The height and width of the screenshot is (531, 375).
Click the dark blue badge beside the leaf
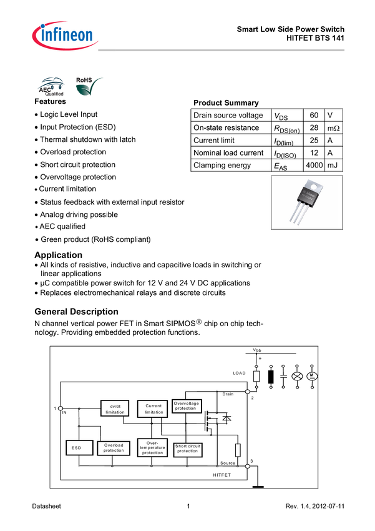click(51, 87)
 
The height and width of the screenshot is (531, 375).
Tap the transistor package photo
click(306, 202)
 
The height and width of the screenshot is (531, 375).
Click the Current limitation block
click(153, 409)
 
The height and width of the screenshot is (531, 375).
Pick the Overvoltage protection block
click(187, 406)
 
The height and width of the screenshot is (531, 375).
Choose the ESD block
click(77, 448)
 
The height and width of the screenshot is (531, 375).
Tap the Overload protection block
click(114, 448)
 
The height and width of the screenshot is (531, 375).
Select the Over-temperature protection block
click(152, 448)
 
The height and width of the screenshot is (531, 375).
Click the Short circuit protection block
click(187, 448)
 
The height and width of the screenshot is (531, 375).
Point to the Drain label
click(228, 395)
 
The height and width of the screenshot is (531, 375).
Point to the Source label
click(228, 463)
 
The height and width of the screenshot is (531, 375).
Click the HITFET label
click(223, 475)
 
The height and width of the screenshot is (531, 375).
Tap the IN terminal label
click(64, 412)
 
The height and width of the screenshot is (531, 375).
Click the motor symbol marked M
click(313, 376)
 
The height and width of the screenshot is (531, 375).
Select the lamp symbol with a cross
click(297, 376)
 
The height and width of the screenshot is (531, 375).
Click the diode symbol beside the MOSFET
click(226, 418)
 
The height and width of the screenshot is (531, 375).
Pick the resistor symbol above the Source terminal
click(238, 450)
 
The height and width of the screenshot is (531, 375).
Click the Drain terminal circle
click(248, 391)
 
